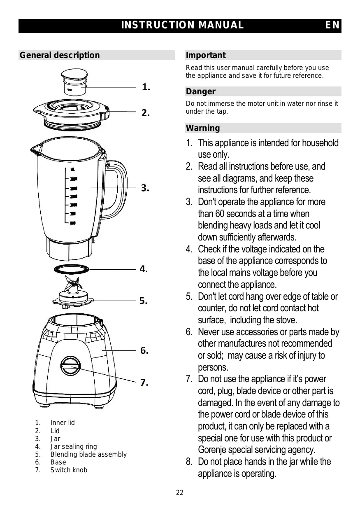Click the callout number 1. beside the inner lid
click(x=146, y=87)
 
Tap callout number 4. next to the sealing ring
click(x=144, y=269)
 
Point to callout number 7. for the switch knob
click(x=144, y=383)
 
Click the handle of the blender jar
click(x=117, y=189)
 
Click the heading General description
click(x=60, y=55)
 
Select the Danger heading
click(x=200, y=91)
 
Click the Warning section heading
click(x=203, y=128)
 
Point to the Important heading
click(x=206, y=55)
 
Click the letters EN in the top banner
click(x=332, y=26)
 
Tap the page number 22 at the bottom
click(x=180, y=493)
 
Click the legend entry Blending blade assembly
click(x=88, y=454)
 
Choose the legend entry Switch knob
click(x=69, y=470)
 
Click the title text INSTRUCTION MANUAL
click(x=182, y=26)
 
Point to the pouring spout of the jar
click(x=35, y=151)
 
